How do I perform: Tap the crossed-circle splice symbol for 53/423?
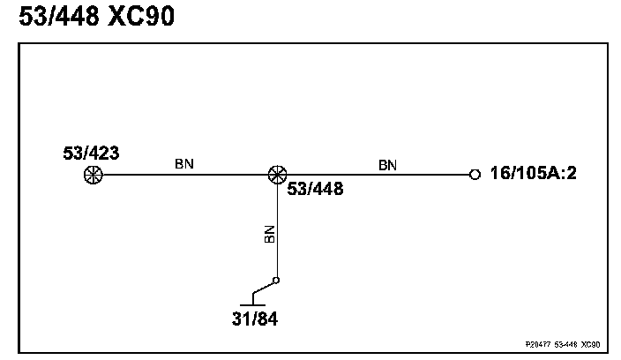(x=91, y=175)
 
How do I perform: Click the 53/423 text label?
(x=91, y=154)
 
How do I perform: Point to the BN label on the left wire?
(x=184, y=163)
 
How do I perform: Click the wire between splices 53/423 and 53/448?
(x=184, y=175)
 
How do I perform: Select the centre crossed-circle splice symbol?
(x=277, y=175)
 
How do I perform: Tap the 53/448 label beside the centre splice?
(x=315, y=188)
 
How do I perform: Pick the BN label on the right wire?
(x=387, y=164)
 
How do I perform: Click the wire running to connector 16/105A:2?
(x=379, y=175)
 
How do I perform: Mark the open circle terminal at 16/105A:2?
(x=475, y=175)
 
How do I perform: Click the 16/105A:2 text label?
(x=533, y=175)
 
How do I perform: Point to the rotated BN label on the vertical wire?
(x=270, y=234)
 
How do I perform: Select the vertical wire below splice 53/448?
(x=277, y=229)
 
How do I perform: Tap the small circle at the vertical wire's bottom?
(x=276, y=281)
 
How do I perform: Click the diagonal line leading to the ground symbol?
(x=264, y=289)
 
